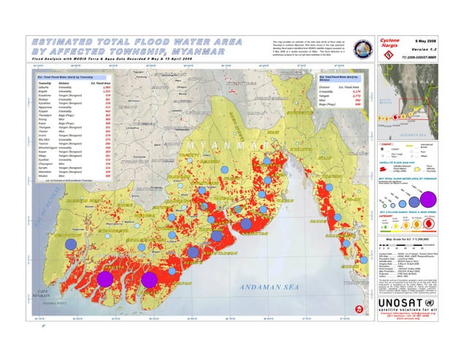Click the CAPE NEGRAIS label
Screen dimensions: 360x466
coord(48,291)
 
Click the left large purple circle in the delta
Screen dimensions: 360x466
coord(105,278)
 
